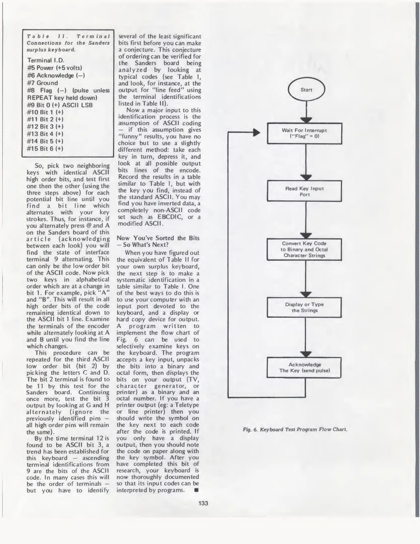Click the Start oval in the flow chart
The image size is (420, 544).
306,90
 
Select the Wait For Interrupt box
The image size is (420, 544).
304,133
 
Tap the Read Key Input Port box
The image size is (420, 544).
304,191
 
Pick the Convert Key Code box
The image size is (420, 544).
304,249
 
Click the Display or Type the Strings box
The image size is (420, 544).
304,307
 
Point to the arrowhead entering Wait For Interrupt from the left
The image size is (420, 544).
256,132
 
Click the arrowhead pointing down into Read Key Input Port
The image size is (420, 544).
306,178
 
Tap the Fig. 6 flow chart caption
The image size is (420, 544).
295,429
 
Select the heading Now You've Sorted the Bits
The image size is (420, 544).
158,241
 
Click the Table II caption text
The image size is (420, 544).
68,43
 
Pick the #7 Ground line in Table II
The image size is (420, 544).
43,83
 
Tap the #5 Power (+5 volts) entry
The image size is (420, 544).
55,68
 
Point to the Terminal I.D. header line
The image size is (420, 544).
46,60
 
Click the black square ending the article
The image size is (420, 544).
197,490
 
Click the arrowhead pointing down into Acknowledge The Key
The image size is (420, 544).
306,354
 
